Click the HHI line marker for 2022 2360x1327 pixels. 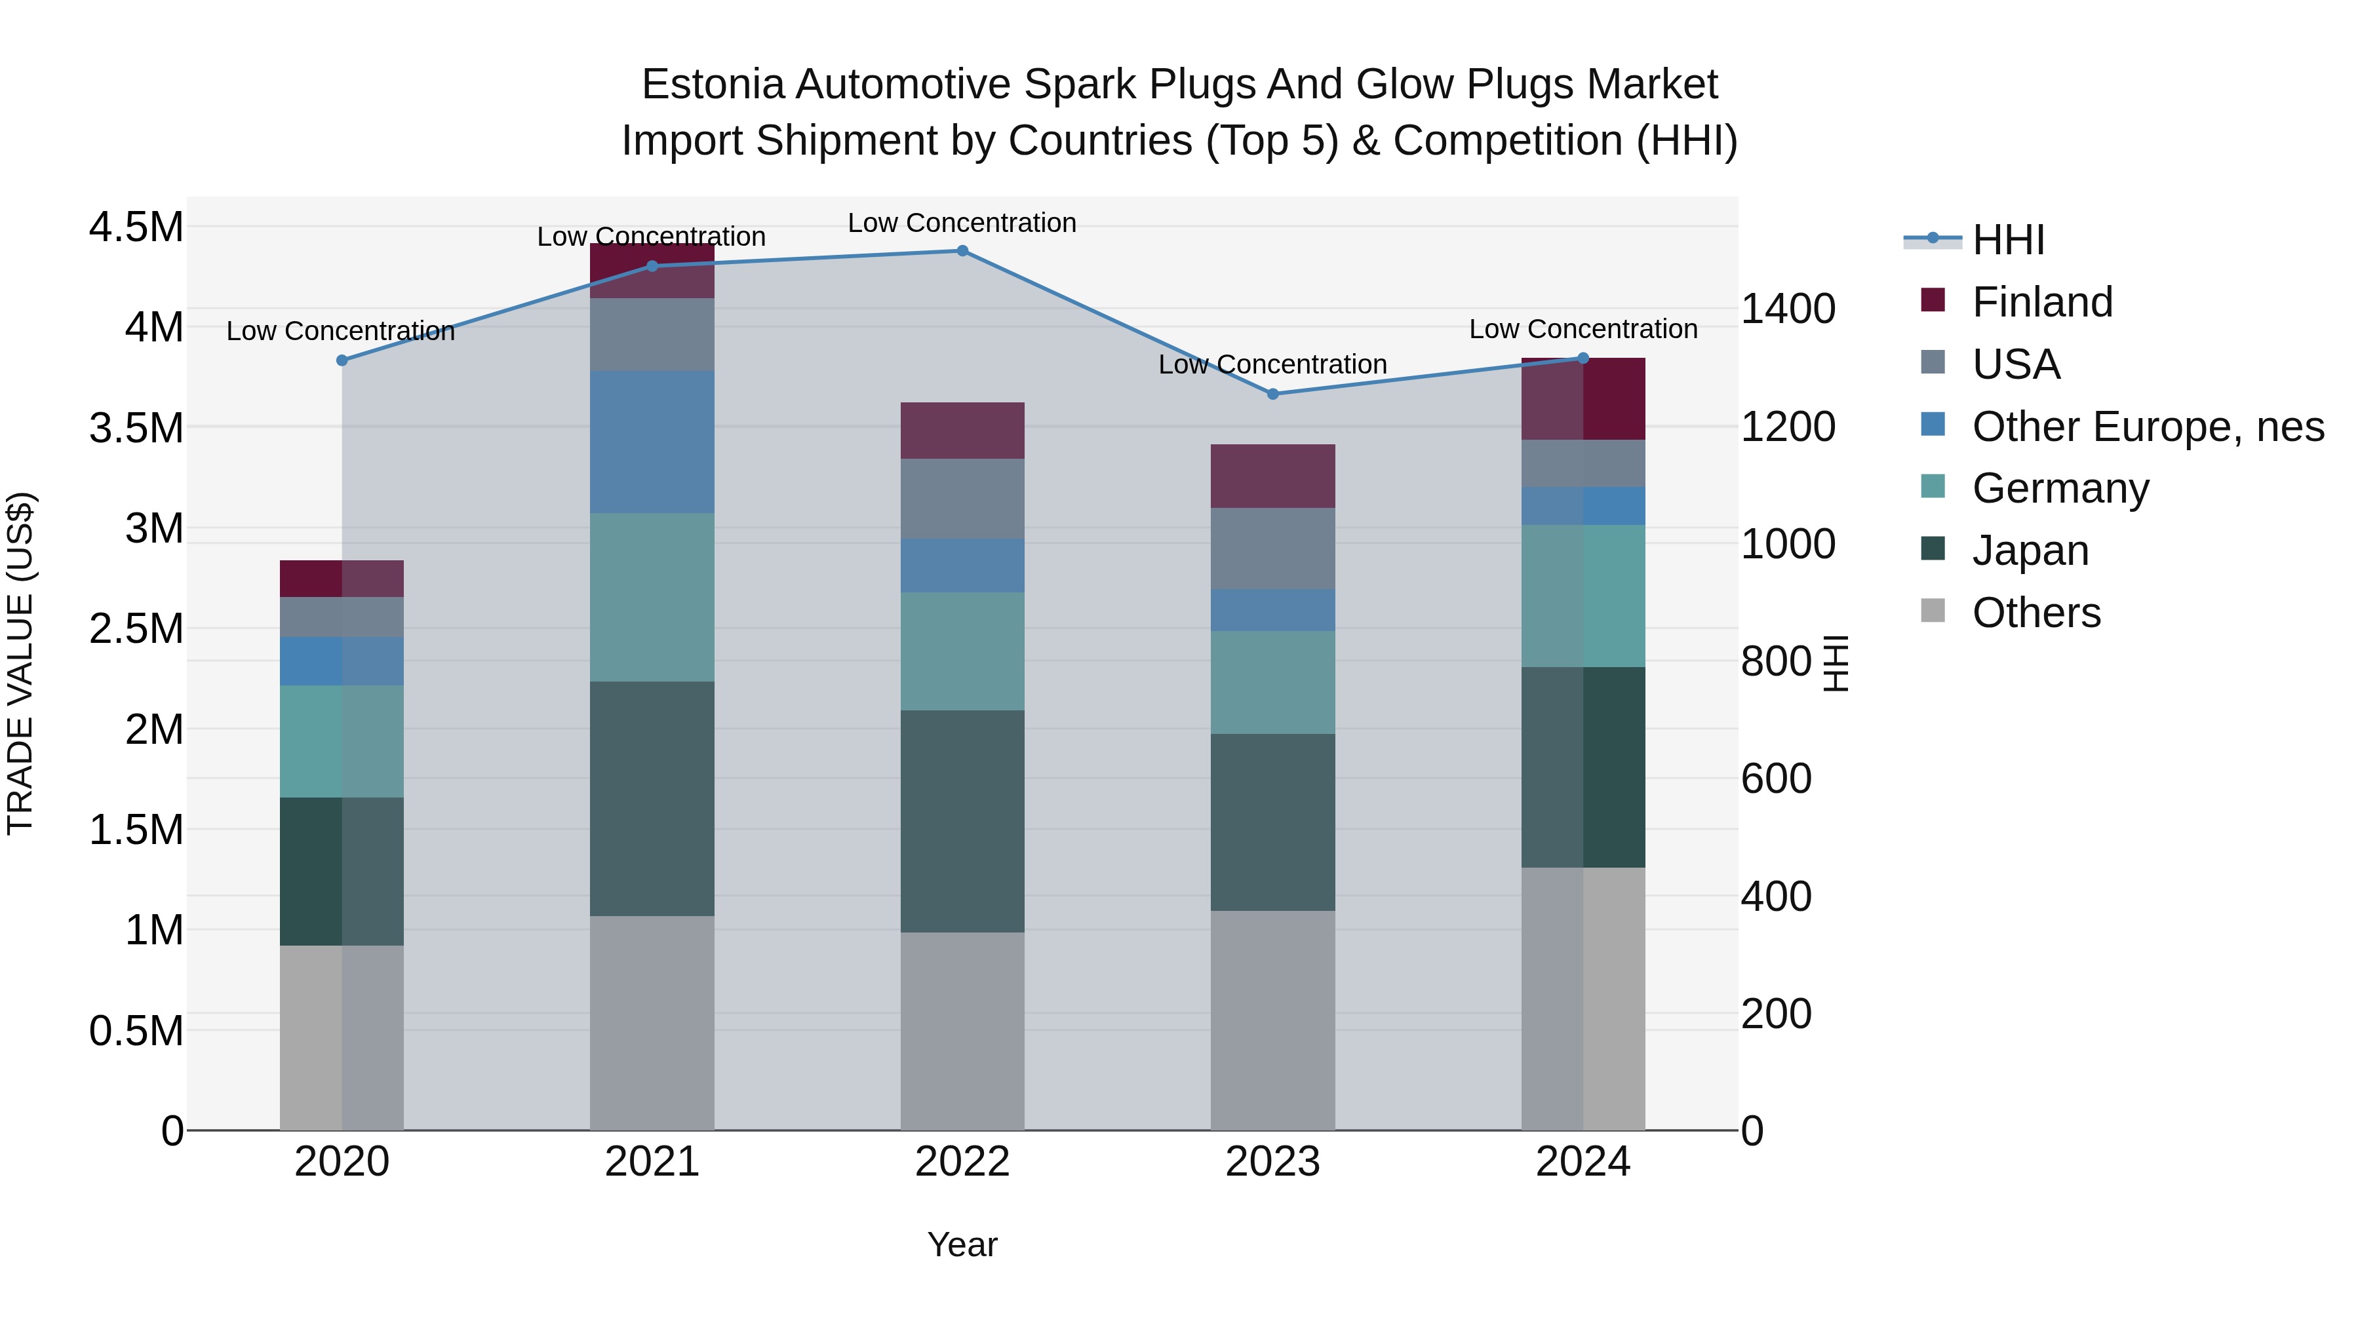click(962, 251)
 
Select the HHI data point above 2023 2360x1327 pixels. click(1272, 394)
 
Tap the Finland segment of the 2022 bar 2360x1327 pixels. click(962, 431)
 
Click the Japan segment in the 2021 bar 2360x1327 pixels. click(652, 799)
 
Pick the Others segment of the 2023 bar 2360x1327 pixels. click(1272, 1020)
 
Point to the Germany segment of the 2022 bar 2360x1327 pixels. click(962, 651)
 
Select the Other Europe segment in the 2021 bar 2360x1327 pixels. click(652, 442)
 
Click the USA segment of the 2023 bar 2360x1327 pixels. click(1272, 548)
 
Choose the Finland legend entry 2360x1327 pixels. click(2041, 302)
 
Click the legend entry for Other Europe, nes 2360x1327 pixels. click(2146, 427)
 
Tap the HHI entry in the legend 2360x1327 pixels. click(2007, 240)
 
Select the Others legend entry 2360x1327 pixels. click(2035, 613)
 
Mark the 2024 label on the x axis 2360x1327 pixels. click(1583, 1162)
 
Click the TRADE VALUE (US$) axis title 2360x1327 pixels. click(20, 663)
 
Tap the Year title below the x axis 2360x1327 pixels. click(962, 1244)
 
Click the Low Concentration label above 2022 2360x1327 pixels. click(962, 223)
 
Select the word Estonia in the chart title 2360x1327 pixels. click(712, 85)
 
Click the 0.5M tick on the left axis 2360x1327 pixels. click(136, 1031)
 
